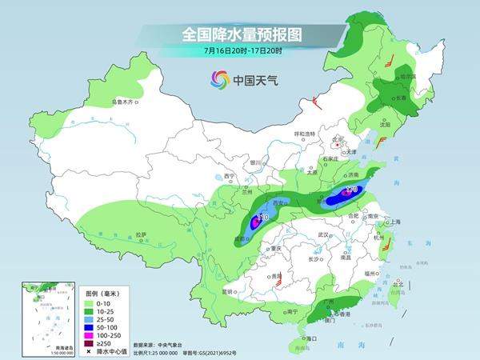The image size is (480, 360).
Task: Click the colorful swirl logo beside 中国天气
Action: pos(218,79)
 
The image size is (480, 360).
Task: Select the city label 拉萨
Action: pos(142,234)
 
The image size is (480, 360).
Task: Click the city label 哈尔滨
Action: pos(406,76)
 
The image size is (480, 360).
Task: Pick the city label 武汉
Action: pos(323,234)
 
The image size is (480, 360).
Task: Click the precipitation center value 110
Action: pos(260,218)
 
